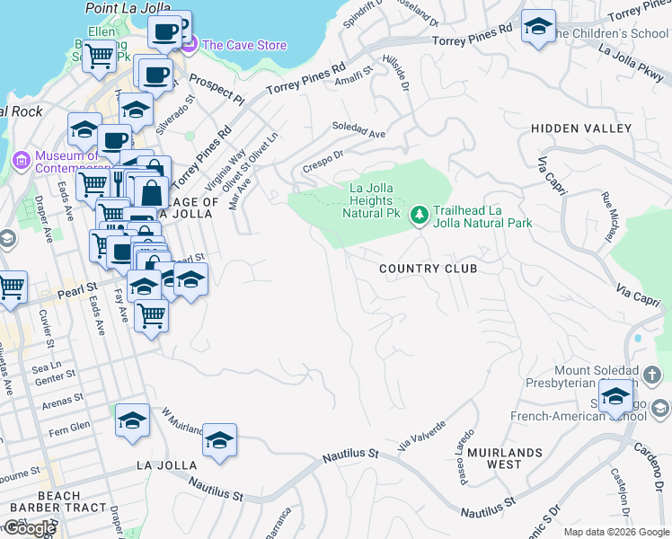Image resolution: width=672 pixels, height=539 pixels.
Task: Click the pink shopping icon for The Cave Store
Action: (189, 44)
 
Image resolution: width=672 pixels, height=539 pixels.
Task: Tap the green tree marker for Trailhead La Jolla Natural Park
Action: (419, 215)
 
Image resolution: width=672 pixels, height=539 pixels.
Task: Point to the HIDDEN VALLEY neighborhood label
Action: (581, 128)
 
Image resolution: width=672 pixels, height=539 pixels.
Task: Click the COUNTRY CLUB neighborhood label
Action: (428, 269)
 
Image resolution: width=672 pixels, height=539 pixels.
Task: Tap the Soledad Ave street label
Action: (358, 130)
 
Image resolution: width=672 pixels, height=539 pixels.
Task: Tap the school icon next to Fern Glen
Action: (132, 420)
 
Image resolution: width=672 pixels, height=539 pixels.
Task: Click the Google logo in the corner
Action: (30, 528)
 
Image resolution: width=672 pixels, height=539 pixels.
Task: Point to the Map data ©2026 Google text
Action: (616, 532)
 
